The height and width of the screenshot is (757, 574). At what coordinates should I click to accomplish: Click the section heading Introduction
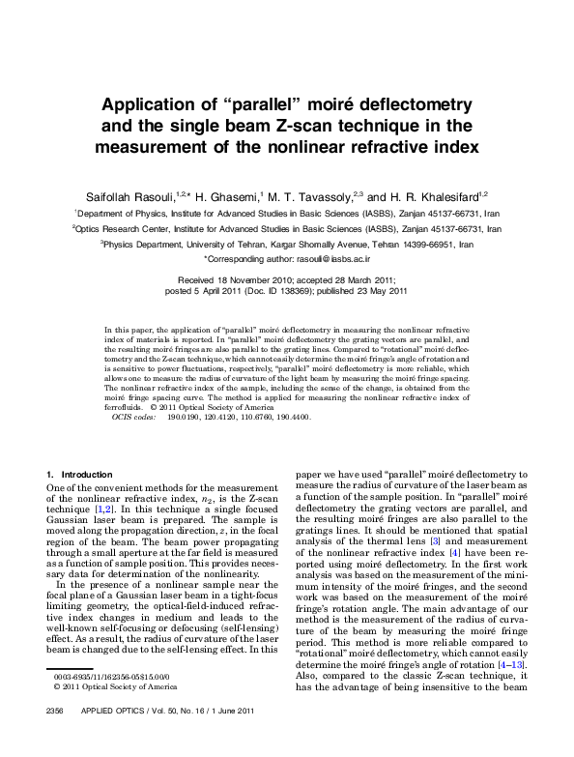pos(87,475)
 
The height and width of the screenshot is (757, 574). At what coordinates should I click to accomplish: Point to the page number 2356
pos(47,738)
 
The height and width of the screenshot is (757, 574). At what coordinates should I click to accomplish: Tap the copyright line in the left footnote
pos(114,713)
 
